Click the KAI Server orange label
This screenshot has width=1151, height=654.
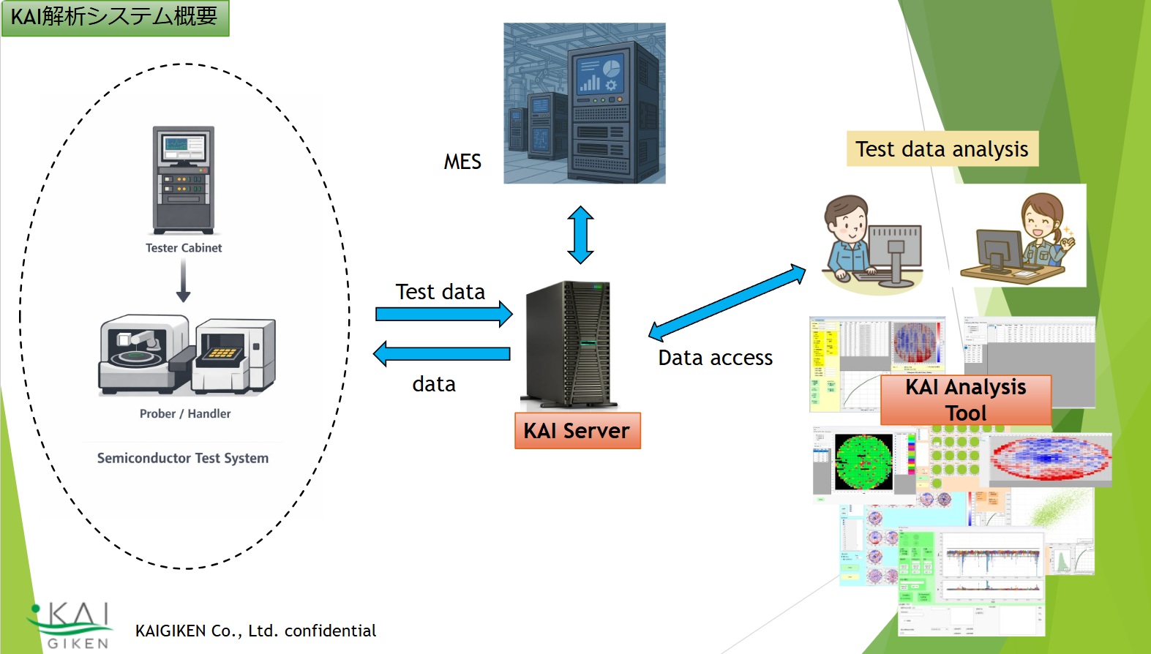(x=577, y=431)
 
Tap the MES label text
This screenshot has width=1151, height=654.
(x=462, y=162)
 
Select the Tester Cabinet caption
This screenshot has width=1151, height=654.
(x=184, y=248)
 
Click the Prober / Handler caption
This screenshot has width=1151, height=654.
(x=185, y=413)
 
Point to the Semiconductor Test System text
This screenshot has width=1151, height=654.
(x=183, y=458)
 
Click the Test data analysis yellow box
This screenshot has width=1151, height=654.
(x=942, y=149)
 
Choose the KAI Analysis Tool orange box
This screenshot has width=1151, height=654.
(x=966, y=399)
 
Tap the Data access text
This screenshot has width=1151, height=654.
(x=715, y=358)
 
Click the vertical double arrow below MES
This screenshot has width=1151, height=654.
(x=580, y=235)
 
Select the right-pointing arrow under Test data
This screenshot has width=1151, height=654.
(x=443, y=315)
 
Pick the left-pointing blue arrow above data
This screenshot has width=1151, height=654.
(x=442, y=353)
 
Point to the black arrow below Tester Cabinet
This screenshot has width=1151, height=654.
(x=183, y=282)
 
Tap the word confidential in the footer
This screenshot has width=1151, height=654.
(x=330, y=631)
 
